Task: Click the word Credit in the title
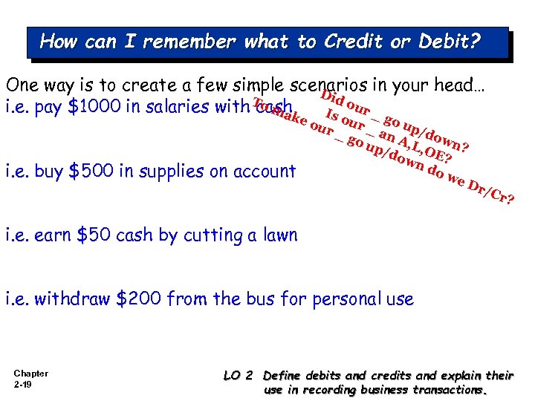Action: coord(351,42)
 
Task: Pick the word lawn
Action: coord(279,235)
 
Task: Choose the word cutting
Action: coord(213,236)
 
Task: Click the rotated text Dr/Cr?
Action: coord(491,192)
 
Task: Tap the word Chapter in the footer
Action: coord(31,374)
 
